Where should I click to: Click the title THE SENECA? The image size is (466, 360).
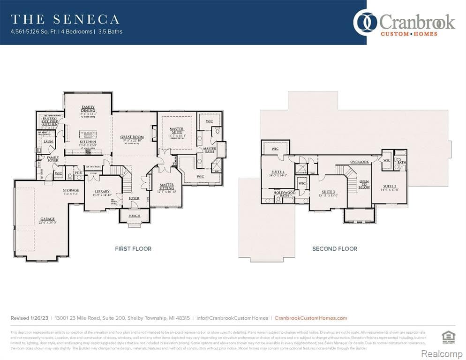65,19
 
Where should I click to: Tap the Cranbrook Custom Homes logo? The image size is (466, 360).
404,23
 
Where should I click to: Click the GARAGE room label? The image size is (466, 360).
47,219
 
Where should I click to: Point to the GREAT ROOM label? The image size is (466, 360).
132,137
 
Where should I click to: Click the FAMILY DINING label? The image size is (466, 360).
88,109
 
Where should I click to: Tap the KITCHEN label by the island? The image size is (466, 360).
88,142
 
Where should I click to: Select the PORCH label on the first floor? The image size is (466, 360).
135,216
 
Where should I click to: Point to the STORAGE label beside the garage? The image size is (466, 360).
71,190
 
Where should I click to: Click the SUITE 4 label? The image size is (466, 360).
278,172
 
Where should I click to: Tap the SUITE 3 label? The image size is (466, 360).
328,192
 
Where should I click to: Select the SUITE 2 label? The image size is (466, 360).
390,187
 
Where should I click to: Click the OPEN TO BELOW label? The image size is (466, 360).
364,184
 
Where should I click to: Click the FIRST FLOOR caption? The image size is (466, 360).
133,248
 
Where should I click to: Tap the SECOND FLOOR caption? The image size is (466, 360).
335,248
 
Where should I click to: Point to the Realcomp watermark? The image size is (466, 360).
442,352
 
